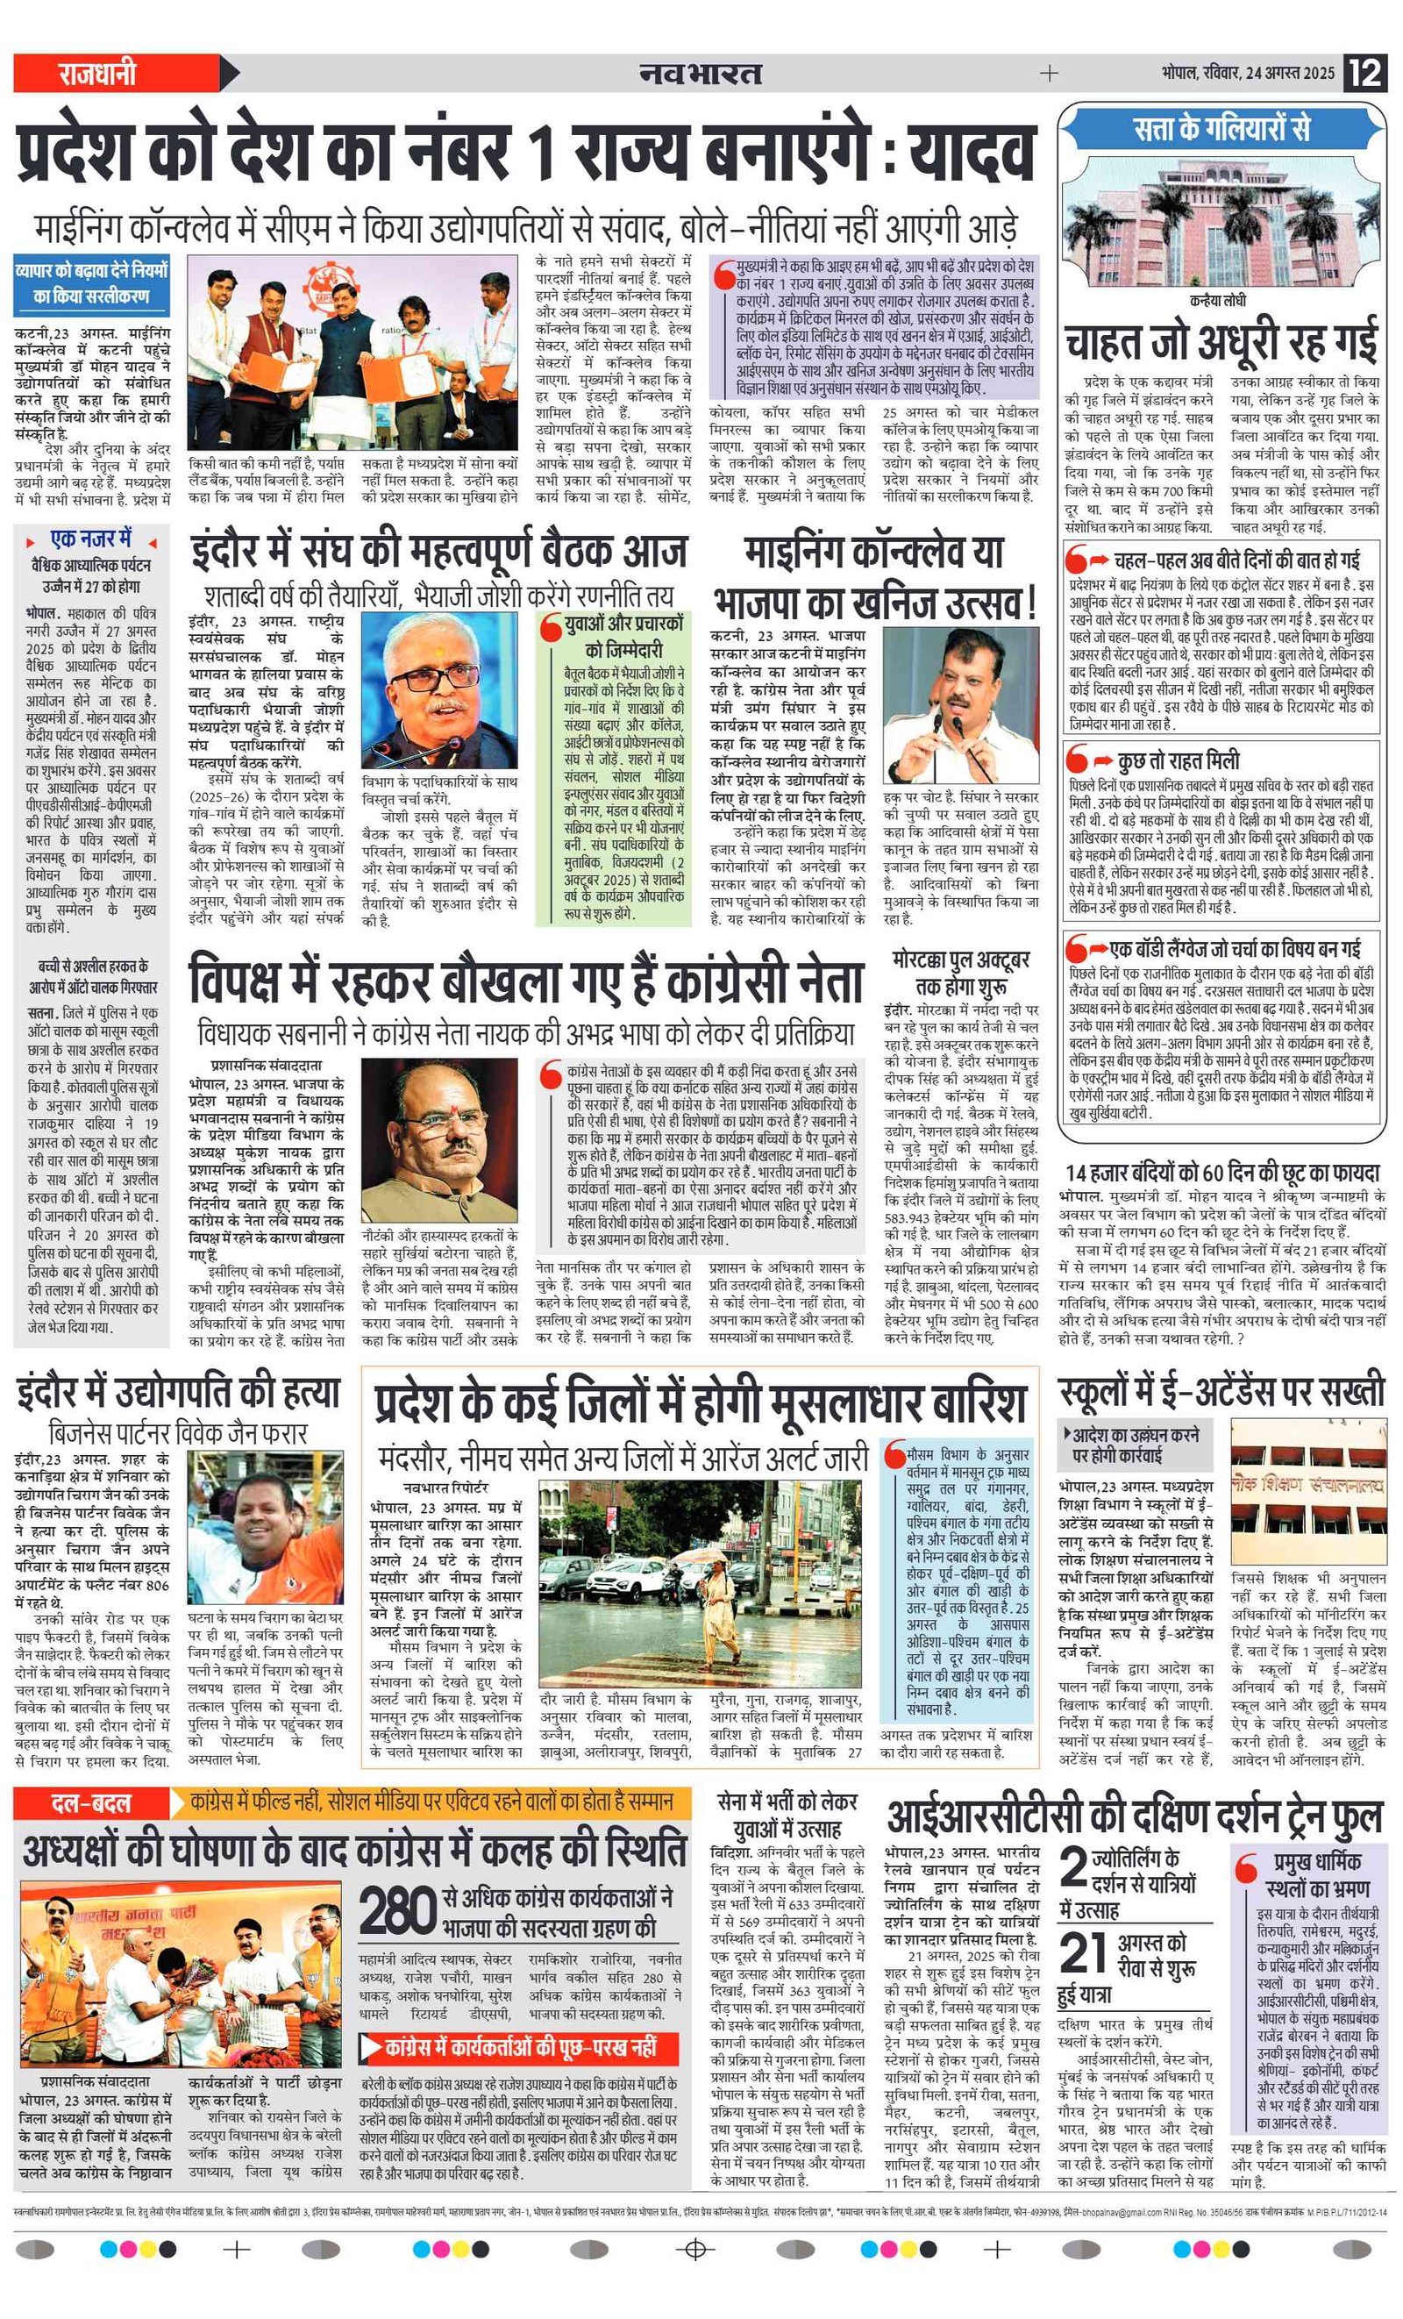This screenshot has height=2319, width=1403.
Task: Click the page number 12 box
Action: point(1365,73)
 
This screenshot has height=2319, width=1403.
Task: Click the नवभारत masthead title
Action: point(700,73)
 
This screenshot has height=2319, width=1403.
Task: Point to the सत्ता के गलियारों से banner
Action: point(1221,128)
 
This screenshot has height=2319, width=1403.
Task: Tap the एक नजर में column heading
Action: point(91,539)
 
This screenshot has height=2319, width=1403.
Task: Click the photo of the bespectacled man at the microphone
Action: point(438,691)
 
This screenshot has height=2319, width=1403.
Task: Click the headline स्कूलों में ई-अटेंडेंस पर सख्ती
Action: point(1221,1391)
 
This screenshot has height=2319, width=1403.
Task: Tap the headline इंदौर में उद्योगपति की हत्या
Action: point(178,1392)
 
